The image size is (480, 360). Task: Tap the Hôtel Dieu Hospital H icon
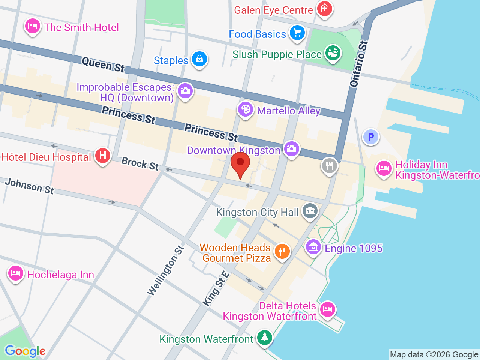click(x=102, y=156)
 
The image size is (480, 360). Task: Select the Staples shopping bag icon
click(x=199, y=59)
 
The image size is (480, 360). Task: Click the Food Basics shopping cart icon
click(x=297, y=33)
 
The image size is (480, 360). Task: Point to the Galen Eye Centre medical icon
click(x=324, y=9)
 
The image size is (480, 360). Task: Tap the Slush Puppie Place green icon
click(x=332, y=53)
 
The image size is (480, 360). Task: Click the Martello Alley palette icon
click(x=246, y=109)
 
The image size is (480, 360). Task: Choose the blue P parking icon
click(x=371, y=137)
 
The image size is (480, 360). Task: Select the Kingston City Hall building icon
click(x=310, y=211)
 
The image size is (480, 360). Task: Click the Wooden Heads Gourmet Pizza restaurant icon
click(x=282, y=251)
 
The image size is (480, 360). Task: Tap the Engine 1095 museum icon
click(x=313, y=247)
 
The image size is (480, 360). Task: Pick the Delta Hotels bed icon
click(x=327, y=310)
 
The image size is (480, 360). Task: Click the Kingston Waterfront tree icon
click(x=265, y=337)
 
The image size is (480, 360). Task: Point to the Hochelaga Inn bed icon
click(x=16, y=273)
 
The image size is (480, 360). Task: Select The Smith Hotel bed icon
click(x=33, y=26)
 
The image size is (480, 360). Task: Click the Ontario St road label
click(x=359, y=64)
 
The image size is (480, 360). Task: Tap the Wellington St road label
click(x=165, y=270)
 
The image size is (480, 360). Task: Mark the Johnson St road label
click(x=30, y=186)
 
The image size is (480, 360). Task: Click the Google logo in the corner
click(x=25, y=351)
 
